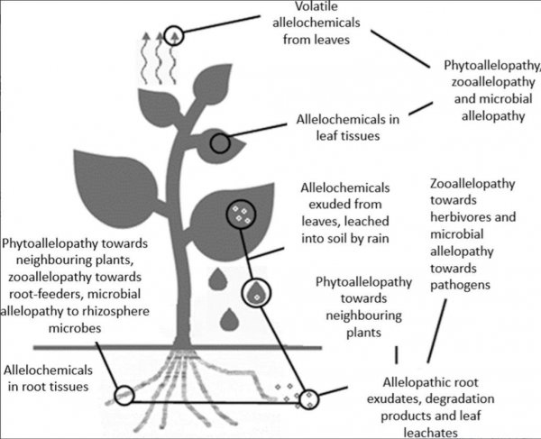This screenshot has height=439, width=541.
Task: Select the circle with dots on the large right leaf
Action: point(239,215)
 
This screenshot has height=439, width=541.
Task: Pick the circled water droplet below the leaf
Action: point(257,291)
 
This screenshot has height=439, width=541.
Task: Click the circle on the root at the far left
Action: point(123,394)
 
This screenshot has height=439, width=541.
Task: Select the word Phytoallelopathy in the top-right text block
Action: point(492,67)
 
